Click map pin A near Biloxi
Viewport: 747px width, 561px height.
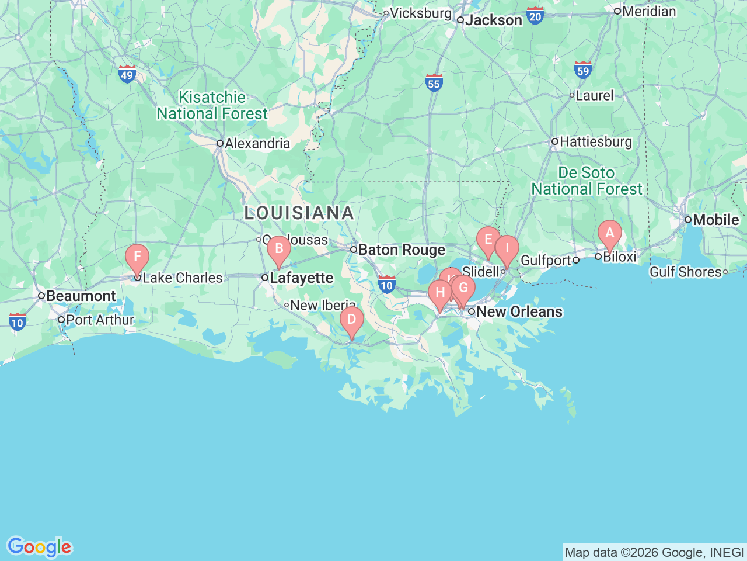(609, 234)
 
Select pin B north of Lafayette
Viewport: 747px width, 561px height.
(279, 249)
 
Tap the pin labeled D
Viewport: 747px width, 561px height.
(351, 320)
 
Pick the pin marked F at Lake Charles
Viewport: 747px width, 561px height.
(137, 257)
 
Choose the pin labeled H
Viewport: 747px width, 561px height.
(440, 293)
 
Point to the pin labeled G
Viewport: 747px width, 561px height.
(463, 288)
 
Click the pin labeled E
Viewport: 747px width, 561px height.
(488, 240)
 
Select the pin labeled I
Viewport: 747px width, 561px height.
(507, 248)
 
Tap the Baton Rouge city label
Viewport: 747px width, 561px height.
(402, 250)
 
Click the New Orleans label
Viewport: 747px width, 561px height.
(519, 311)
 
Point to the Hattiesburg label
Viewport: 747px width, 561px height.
(595, 142)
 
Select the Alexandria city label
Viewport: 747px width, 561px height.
(257, 144)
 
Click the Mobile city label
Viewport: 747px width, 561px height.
(715, 220)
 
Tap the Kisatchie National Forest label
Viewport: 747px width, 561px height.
(212, 106)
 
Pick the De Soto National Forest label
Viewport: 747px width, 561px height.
(587, 181)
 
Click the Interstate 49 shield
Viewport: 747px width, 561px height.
(127, 74)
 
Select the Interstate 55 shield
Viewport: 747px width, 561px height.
(434, 82)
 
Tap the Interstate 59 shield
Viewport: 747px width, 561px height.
(583, 70)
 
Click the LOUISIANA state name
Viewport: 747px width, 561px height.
(299, 213)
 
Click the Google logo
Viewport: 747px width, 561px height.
(39, 548)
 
